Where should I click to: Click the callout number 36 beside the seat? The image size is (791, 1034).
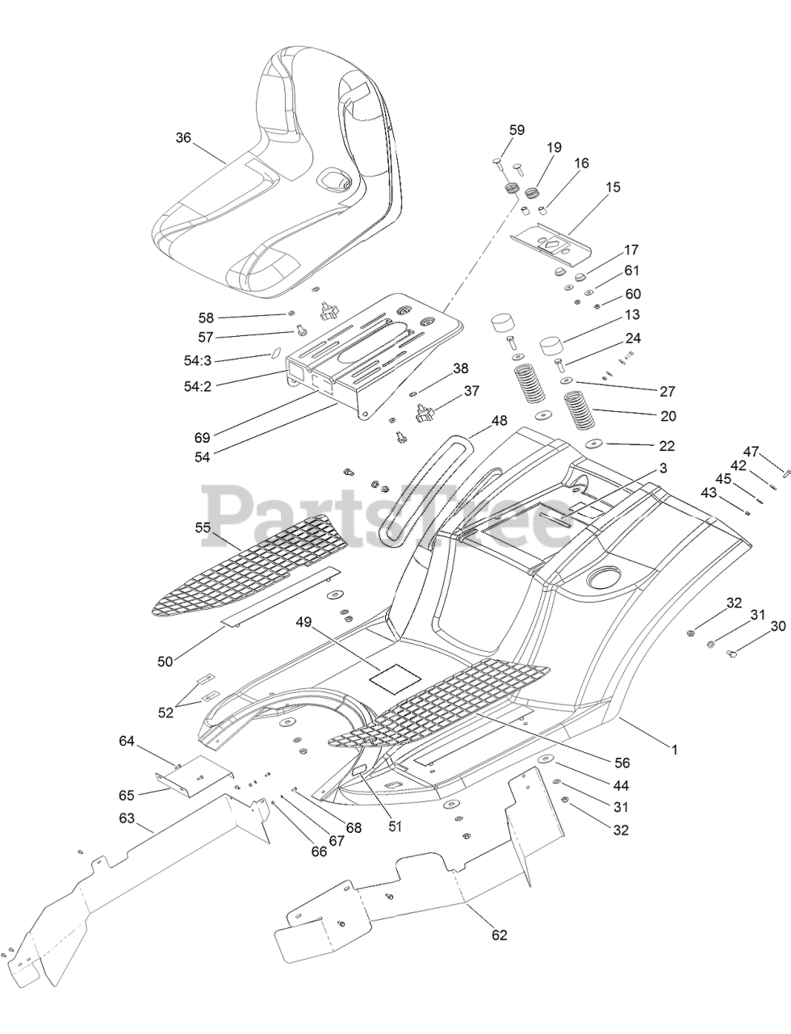tap(183, 138)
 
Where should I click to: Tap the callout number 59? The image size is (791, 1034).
tap(517, 129)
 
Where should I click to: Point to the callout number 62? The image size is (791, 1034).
tap(500, 935)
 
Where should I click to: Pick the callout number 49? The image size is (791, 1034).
tap(303, 622)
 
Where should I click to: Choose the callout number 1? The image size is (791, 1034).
tap(675, 750)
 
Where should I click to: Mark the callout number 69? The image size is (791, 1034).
tap(202, 438)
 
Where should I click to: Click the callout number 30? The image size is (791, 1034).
tap(778, 626)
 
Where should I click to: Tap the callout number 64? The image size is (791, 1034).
tap(127, 741)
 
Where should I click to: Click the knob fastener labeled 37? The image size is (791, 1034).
tap(425, 415)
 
